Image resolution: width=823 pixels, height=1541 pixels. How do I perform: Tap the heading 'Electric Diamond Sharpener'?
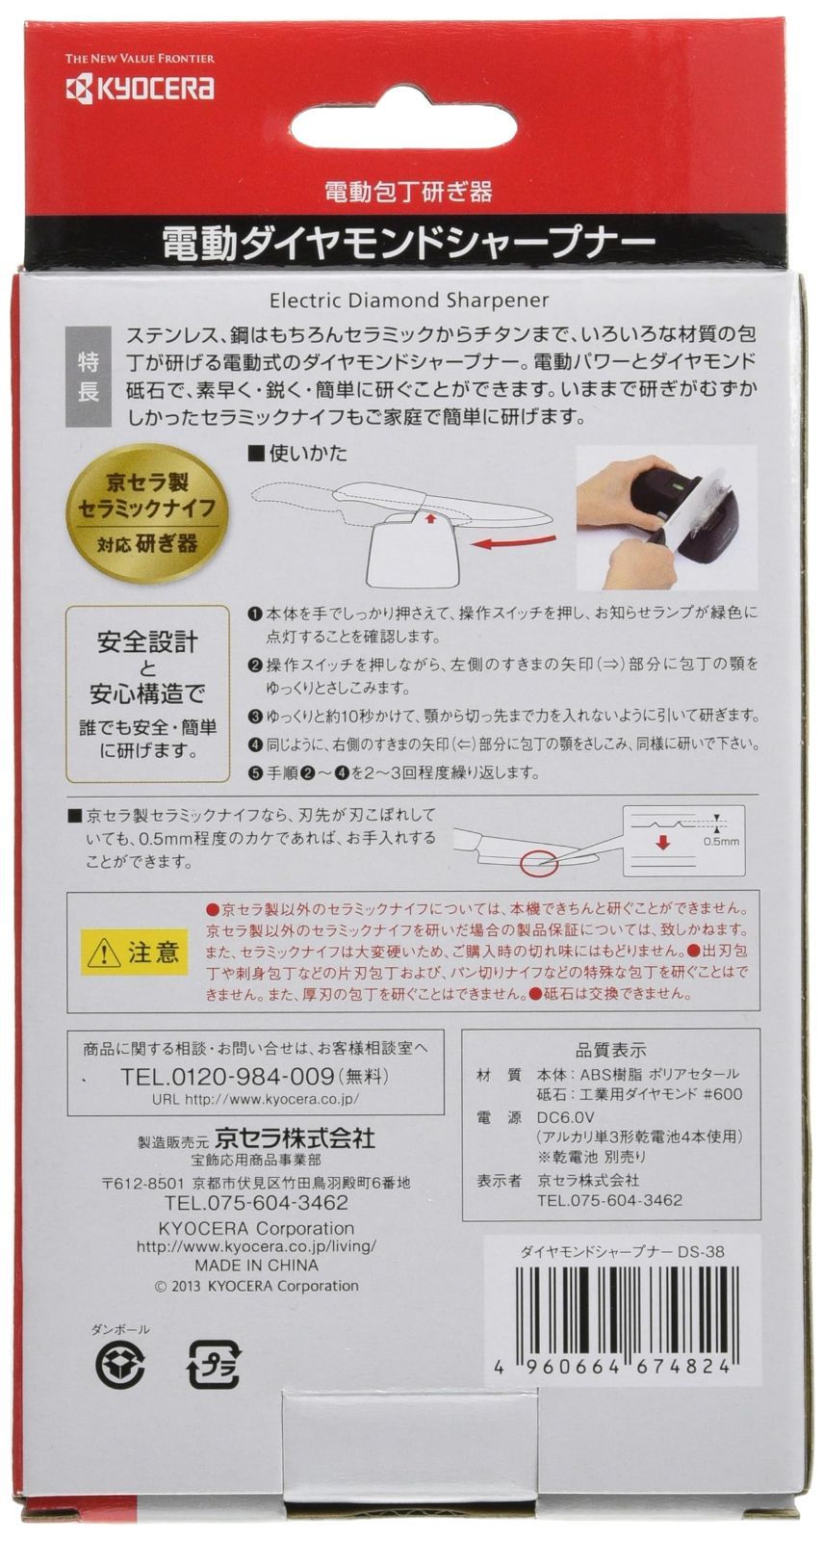[x=409, y=300]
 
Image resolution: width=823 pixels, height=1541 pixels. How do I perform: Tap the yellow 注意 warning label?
[x=134, y=953]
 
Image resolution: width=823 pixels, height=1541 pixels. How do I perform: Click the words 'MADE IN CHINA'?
[x=256, y=1266]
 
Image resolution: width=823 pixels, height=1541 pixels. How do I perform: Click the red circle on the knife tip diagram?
[x=538, y=862]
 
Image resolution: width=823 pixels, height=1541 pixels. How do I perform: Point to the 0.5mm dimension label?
[x=721, y=841]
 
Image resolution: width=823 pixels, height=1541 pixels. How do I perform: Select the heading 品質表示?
[x=610, y=1050]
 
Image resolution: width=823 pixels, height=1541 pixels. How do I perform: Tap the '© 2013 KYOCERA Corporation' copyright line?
[x=257, y=1285]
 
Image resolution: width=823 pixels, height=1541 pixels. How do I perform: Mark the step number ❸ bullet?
[x=253, y=718]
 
